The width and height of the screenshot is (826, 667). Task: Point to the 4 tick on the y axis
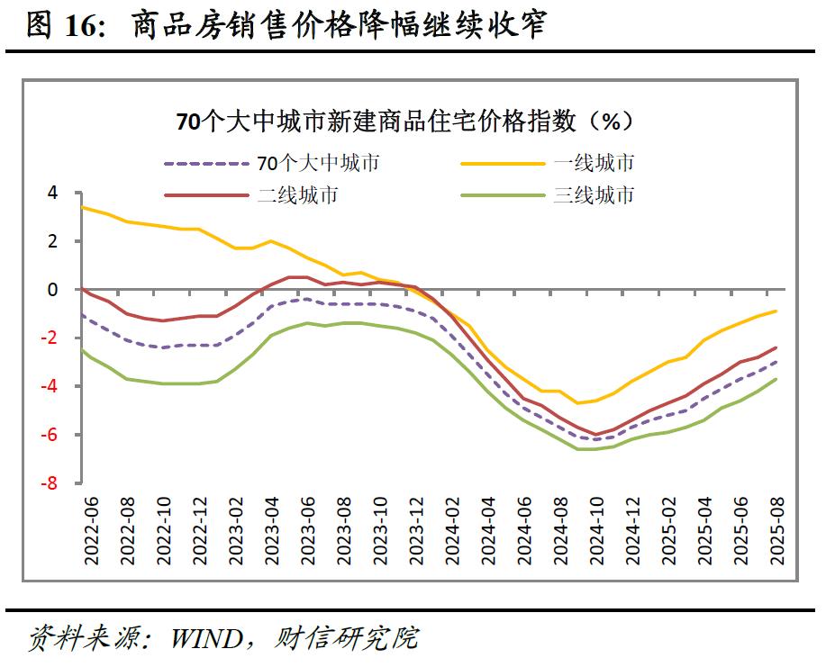[x=52, y=193]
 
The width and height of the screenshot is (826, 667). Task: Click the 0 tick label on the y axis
[x=52, y=290]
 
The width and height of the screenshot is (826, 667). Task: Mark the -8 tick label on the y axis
[x=49, y=483]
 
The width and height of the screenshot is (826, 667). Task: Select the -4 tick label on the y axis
[x=49, y=386]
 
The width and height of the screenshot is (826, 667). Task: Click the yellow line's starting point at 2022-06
[x=82, y=207]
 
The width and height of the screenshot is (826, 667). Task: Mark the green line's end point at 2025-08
[x=776, y=379]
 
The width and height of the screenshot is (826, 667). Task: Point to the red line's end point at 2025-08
[x=776, y=348]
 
